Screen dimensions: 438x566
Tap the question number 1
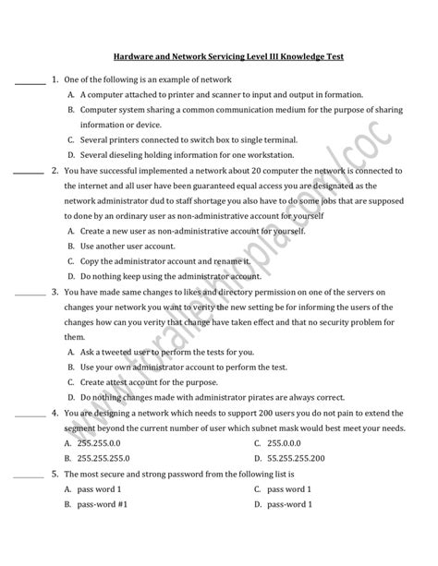pos(55,79)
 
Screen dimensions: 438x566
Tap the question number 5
pos(55,473)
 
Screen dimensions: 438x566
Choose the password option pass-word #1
pos(103,504)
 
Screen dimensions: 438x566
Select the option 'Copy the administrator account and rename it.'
pos(176,261)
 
